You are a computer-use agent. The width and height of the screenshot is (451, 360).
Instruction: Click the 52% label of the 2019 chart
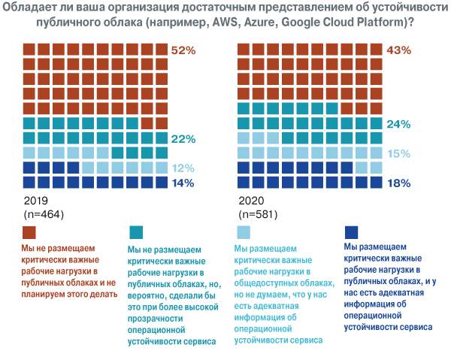tap(183, 50)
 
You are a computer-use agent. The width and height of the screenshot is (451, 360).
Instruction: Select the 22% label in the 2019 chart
tap(183, 139)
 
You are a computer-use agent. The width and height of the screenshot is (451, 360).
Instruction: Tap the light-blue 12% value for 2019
tap(183, 168)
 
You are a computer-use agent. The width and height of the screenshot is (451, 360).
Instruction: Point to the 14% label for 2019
tap(183, 183)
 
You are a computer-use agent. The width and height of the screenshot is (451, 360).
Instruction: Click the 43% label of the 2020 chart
tap(398, 50)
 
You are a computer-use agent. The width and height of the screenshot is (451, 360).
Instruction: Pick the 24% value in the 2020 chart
tap(398, 124)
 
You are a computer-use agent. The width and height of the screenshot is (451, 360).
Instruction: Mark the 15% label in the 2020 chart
tap(398, 153)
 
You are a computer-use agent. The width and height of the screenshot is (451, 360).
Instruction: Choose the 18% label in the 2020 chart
tap(398, 183)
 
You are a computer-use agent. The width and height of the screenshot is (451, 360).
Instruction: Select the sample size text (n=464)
tap(43, 215)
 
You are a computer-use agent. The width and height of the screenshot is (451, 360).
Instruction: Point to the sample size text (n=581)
tap(258, 215)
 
